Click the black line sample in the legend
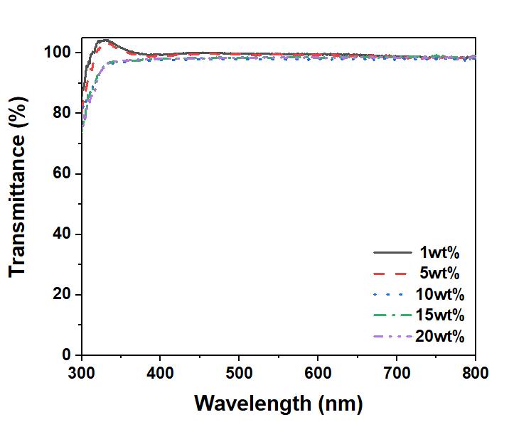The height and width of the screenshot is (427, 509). (392, 253)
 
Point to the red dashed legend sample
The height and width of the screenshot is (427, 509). (392, 274)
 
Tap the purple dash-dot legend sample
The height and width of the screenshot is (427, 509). (392, 336)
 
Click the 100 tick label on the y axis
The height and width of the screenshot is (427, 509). (56, 53)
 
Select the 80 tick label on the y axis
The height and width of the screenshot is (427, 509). (61, 114)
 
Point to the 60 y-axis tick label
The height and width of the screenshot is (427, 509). (61, 174)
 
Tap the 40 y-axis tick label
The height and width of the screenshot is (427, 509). (61, 234)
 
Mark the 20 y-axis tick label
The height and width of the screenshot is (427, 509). (61, 295)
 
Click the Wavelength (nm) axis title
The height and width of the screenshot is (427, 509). (278, 404)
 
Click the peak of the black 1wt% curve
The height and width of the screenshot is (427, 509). (104, 40)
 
